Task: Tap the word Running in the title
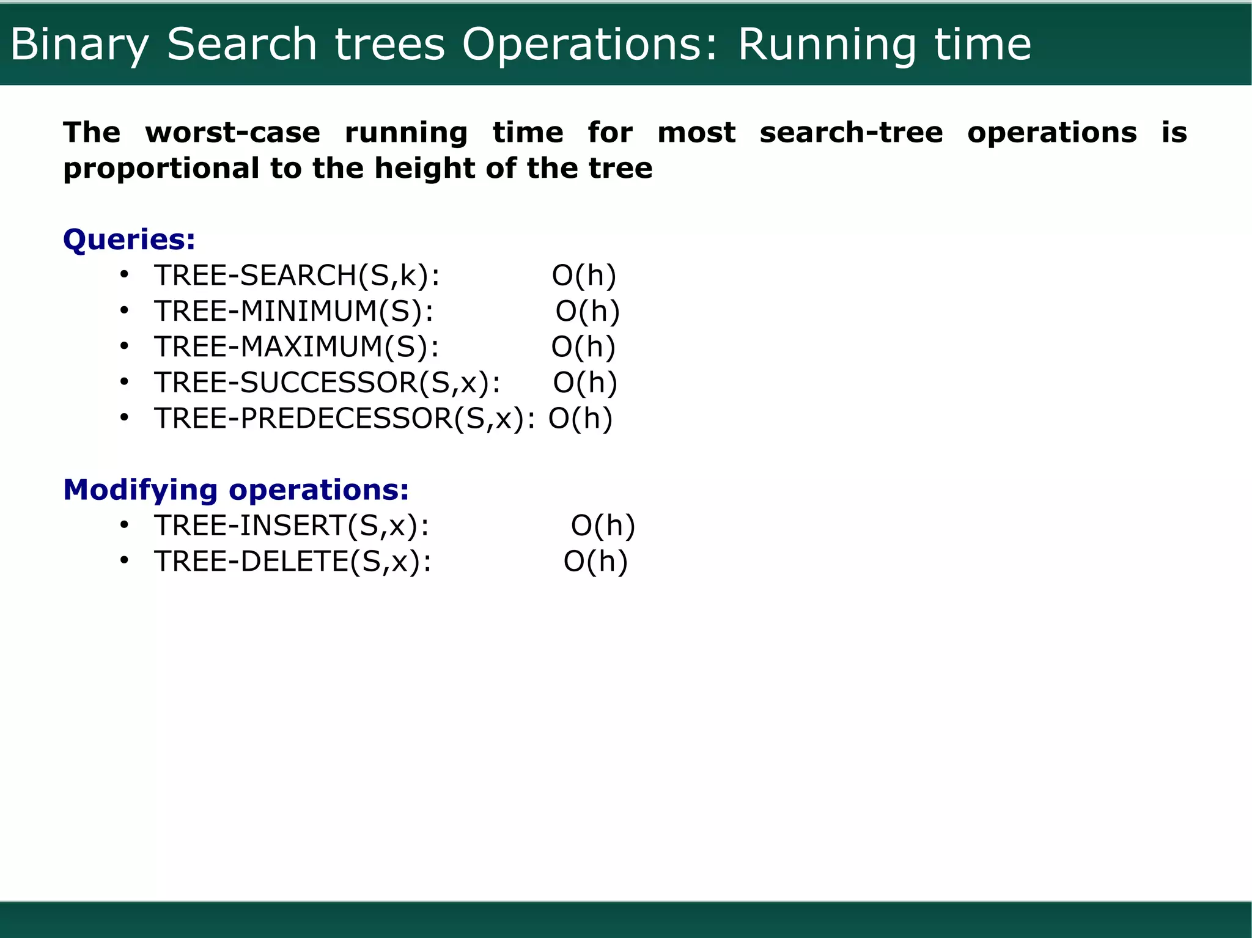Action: pos(827,45)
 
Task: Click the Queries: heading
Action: pos(129,239)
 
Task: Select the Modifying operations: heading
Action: pos(236,489)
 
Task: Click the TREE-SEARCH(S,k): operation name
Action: pos(296,275)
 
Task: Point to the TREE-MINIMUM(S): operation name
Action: pos(293,311)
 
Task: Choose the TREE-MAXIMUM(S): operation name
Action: pos(296,346)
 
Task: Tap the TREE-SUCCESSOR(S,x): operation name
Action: pos(327,383)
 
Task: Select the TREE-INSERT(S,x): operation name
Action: pos(292,526)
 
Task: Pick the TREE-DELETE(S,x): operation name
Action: pos(293,562)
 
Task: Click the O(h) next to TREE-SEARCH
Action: pos(584,275)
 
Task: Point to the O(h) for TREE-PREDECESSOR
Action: pos(580,419)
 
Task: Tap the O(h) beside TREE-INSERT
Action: pos(603,526)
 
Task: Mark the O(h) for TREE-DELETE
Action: pos(595,562)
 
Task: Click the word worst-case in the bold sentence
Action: pos(232,133)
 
